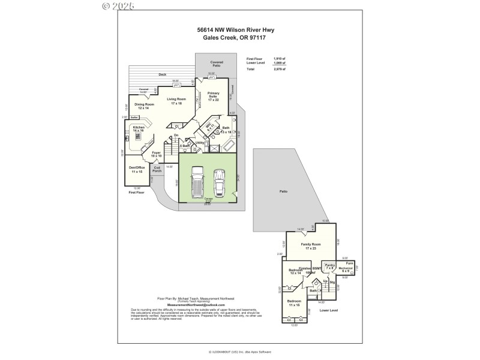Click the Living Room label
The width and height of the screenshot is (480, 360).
pos(176,101)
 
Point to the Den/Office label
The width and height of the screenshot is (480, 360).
pos(137,169)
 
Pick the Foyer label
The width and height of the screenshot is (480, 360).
pos(156,155)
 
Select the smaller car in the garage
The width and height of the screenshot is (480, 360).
pos(219,183)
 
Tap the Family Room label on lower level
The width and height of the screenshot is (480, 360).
pos(311,246)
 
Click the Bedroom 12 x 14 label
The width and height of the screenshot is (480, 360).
pos(296,272)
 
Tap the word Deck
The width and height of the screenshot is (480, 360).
pos(162,74)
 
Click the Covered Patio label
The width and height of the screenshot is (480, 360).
pos(216,64)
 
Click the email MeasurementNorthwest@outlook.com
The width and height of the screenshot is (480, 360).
pos(187,305)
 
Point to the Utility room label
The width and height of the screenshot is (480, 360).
pos(200,142)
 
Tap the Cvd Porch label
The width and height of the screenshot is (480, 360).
pos(157,169)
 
